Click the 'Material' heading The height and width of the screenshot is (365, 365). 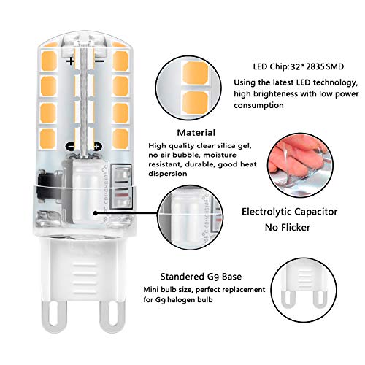[196, 133]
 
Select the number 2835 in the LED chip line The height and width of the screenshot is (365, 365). [315, 66]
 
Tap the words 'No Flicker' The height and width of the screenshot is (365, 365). [288, 228]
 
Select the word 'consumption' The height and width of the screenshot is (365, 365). [258, 105]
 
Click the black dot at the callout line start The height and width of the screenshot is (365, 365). [96, 213]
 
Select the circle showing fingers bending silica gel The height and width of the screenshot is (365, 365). [300, 166]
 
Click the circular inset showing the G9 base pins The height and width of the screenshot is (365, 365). [304, 290]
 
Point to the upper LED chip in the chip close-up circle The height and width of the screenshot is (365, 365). [196, 73]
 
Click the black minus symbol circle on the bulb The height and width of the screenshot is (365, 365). [70, 147]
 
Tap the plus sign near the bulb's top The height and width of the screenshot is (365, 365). [71, 61]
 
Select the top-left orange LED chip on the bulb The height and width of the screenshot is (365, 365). [49, 61]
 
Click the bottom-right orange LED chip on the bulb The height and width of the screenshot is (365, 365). [120, 139]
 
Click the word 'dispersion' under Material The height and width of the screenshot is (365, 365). [168, 174]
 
